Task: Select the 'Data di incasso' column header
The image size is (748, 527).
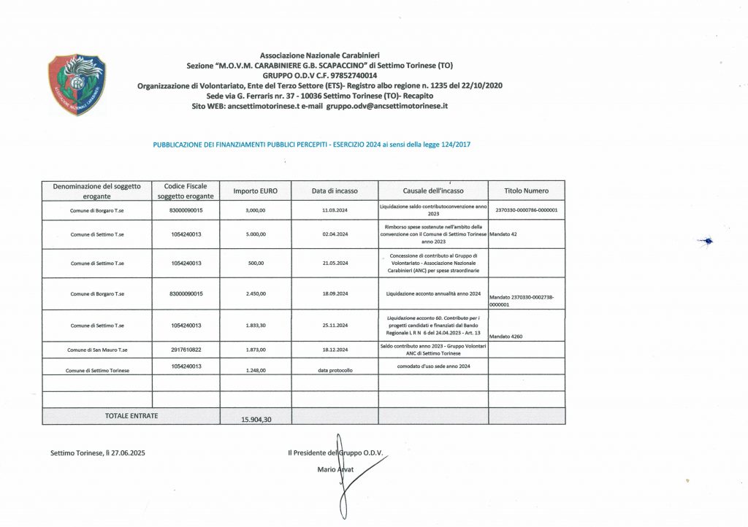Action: (x=335, y=191)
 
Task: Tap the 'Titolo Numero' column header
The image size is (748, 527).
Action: (x=526, y=191)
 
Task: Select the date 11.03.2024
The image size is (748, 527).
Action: (x=335, y=210)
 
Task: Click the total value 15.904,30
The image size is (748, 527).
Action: (x=256, y=420)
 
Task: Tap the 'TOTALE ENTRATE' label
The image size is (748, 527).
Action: (x=131, y=415)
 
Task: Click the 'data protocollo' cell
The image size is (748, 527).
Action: (x=335, y=371)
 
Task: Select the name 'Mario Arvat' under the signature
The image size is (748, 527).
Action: (x=336, y=469)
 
